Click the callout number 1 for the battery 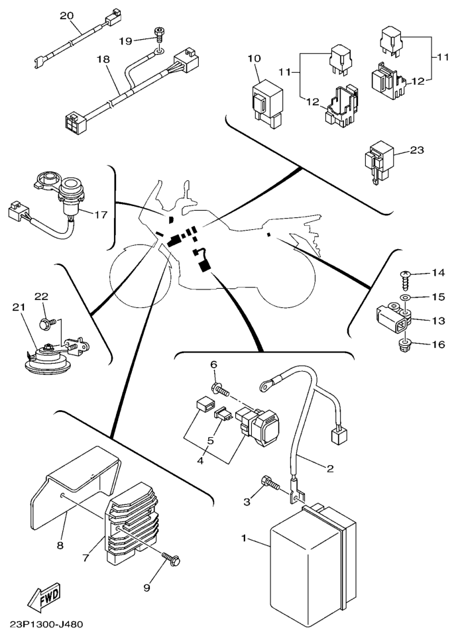pos(244,539)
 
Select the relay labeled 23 pos(380,161)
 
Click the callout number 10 pos(254,58)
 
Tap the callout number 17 pos(100,215)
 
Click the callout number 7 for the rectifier pos(85,558)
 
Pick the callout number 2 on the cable pos(329,468)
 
